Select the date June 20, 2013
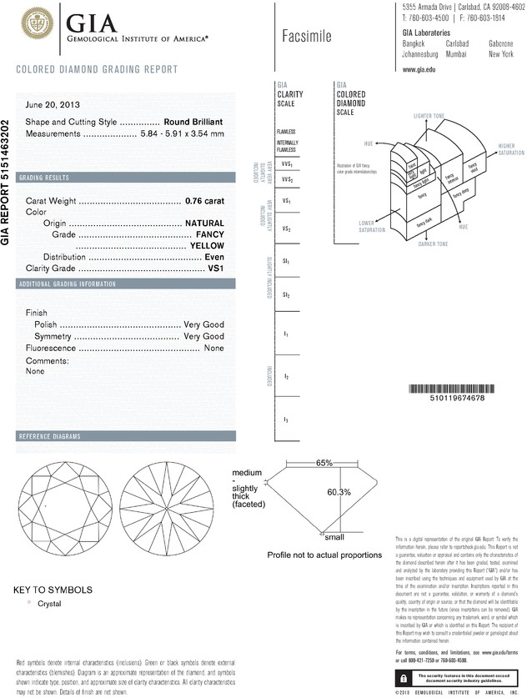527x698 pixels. coord(53,106)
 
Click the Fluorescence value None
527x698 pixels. coord(214,348)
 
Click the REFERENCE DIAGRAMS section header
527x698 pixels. coord(49,437)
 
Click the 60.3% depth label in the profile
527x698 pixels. coord(339,492)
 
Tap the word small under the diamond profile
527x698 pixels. coord(334,537)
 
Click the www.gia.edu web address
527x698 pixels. coord(420,70)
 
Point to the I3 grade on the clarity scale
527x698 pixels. coord(286,419)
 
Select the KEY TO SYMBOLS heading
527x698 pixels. coord(53,590)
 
